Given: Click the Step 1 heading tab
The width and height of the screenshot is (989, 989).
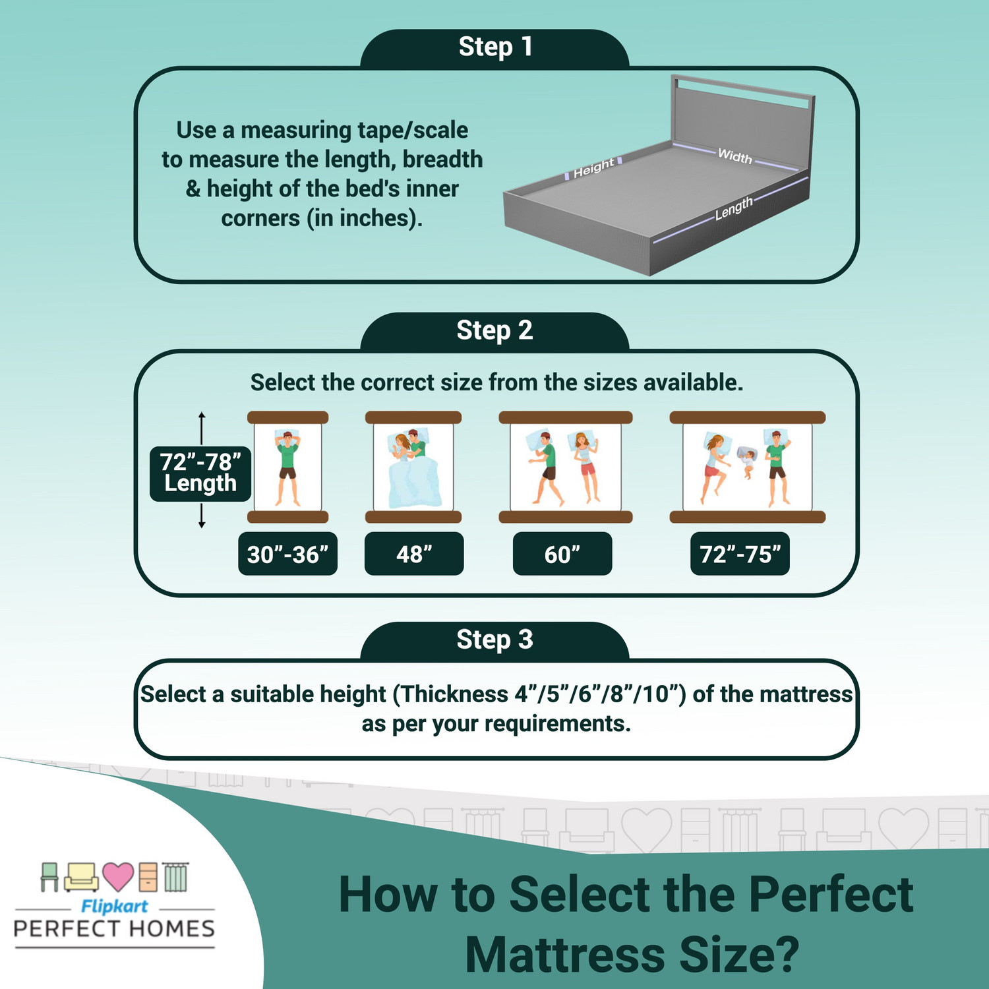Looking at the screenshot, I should [494, 48].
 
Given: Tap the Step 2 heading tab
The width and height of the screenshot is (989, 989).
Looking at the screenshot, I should [494, 331].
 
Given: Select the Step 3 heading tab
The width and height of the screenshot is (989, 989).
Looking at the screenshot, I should [494, 640].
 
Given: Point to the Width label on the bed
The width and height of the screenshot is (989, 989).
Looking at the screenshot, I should [734, 156].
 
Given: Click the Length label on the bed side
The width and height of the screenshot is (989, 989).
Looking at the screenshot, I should [733, 208].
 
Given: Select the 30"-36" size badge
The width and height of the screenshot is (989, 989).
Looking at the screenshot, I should [287, 554].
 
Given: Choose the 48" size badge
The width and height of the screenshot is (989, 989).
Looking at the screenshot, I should [414, 554].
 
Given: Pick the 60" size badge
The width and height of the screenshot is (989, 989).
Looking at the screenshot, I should [562, 554].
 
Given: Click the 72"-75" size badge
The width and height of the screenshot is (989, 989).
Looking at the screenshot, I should [740, 554].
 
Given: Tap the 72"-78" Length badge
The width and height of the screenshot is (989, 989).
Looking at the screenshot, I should [200, 473].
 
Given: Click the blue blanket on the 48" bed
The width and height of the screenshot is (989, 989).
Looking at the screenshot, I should [414, 485].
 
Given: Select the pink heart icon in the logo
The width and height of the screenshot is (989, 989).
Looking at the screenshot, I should [118, 876].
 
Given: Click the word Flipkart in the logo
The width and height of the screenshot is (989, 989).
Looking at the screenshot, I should [114, 907].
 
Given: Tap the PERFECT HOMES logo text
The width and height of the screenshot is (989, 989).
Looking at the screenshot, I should [114, 929].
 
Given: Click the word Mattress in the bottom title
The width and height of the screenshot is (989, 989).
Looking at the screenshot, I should [566, 955].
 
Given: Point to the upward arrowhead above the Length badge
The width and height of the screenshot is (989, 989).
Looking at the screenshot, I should [202, 415].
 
